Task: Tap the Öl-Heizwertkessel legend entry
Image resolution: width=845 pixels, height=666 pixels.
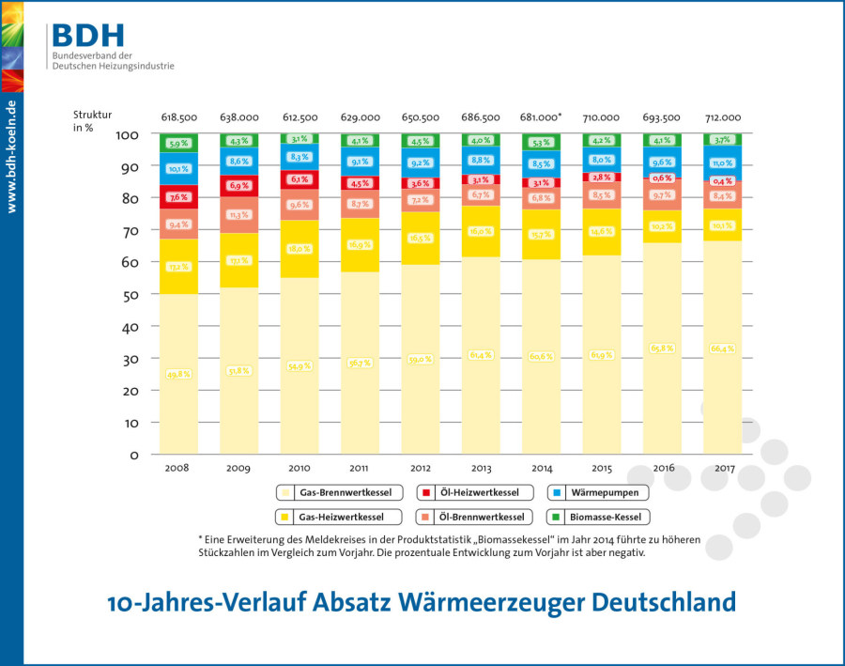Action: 473,492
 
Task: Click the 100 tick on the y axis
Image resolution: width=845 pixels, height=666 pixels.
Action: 127,134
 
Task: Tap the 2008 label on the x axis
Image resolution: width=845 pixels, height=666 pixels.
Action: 177,467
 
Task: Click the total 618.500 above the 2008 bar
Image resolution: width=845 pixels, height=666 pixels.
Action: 178,117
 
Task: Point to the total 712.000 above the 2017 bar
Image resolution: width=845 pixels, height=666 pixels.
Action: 723,117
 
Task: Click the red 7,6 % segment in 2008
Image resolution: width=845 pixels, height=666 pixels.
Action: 178,197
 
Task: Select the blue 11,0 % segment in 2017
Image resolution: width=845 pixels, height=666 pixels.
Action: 723,163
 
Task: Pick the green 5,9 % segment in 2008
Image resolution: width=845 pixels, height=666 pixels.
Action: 178,144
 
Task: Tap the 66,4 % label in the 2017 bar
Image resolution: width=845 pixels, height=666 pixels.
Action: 723,348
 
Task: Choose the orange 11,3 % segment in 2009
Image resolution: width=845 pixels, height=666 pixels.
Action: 239,215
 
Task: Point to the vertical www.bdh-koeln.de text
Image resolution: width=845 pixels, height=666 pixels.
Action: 11,156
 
